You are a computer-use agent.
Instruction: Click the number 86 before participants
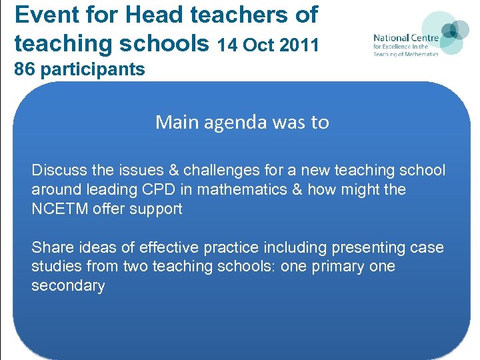pos(24,69)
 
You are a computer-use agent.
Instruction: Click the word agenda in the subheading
pos(238,122)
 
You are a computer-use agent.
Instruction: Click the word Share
pos(53,247)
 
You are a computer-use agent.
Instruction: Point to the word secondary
pos(68,286)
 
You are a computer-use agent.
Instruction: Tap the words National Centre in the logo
pos(406,38)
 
